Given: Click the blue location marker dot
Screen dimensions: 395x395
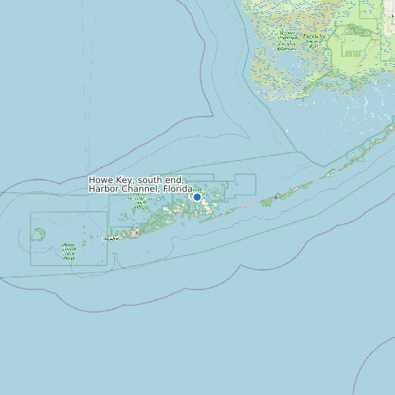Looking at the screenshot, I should pyautogui.click(x=197, y=197).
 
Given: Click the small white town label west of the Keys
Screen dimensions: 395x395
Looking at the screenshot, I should pyautogui.click(x=112, y=238).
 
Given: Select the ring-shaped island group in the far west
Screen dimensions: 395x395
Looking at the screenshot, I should pyautogui.click(x=38, y=234).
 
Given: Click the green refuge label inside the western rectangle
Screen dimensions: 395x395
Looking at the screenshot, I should pyautogui.click(x=69, y=251).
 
